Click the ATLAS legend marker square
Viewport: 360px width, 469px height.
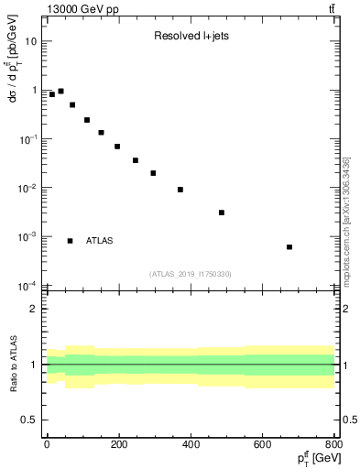pyautogui.click(x=70, y=241)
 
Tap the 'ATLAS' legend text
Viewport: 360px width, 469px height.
pyautogui.click(x=99, y=241)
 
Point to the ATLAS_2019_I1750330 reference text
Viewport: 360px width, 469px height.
pyautogui.click(x=191, y=274)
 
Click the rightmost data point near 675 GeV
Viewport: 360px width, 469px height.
pyautogui.click(x=289, y=246)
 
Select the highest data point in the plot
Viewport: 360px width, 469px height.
pyautogui.click(x=60, y=92)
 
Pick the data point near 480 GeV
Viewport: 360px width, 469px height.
pyautogui.click(x=222, y=213)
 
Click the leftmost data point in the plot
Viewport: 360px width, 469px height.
pyautogui.click(x=51, y=94)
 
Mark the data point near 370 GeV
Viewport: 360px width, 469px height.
pyautogui.click(x=180, y=190)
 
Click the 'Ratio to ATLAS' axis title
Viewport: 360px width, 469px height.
pyautogui.click(x=12, y=365)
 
